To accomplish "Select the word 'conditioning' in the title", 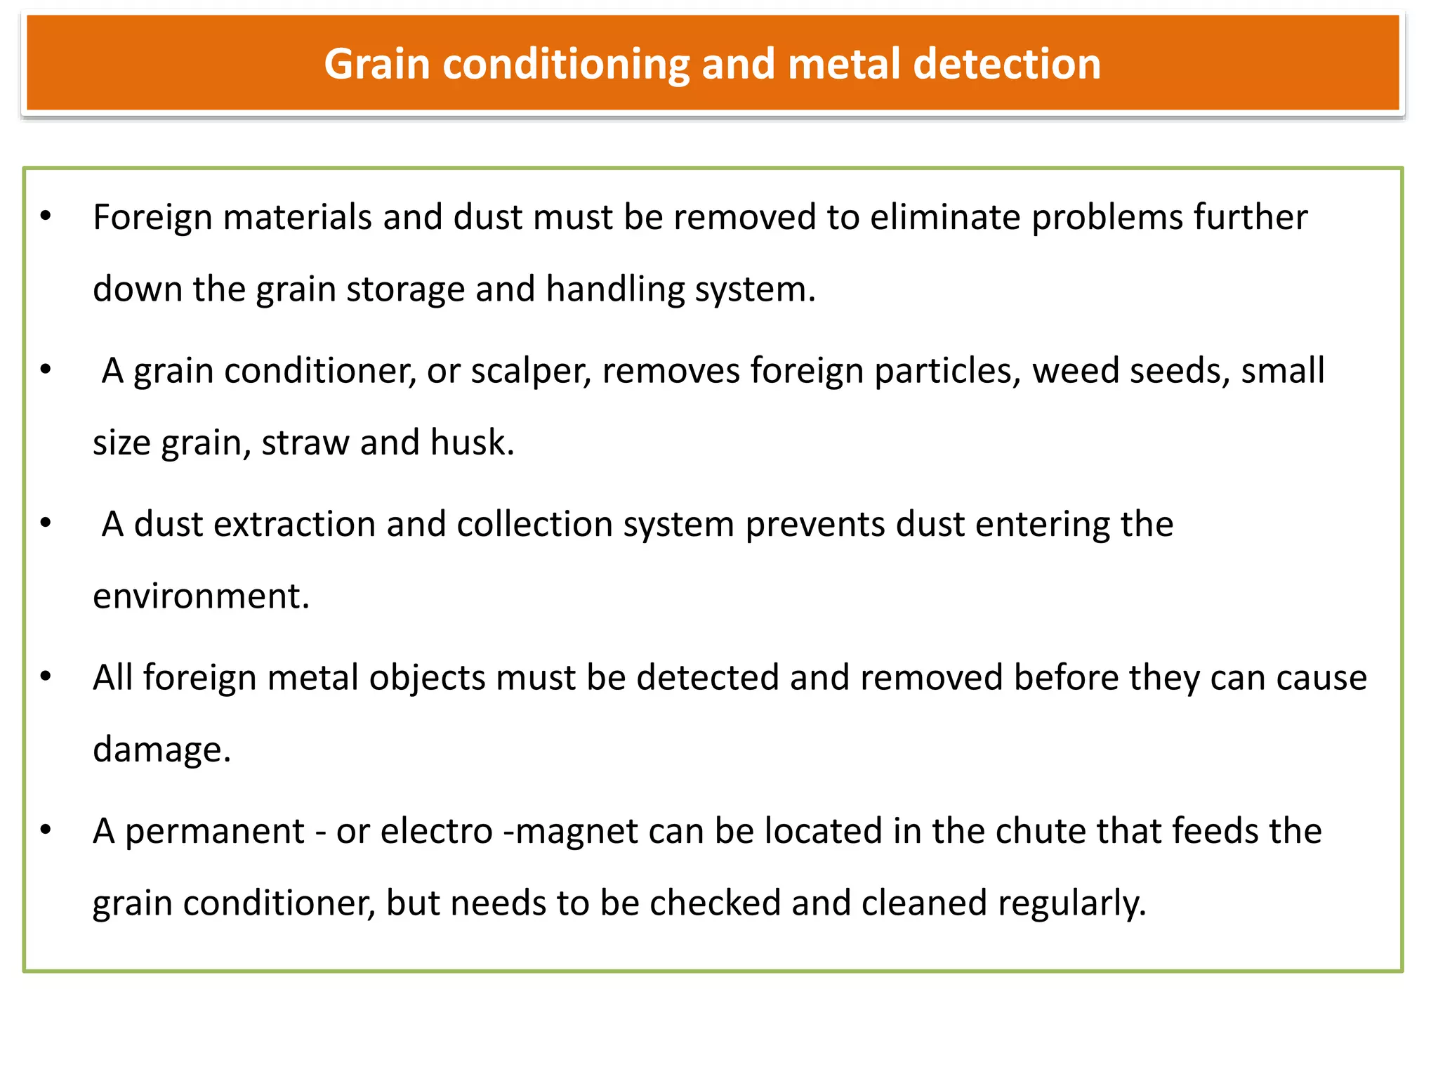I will (x=566, y=65).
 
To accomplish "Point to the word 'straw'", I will (x=305, y=443).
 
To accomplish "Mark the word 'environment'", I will (x=200, y=596).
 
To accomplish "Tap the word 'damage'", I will (x=161, y=750).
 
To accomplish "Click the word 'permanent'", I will (x=215, y=832).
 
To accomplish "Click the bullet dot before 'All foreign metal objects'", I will (x=46, y=676).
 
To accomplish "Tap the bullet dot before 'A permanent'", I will (x=46, y=830).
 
